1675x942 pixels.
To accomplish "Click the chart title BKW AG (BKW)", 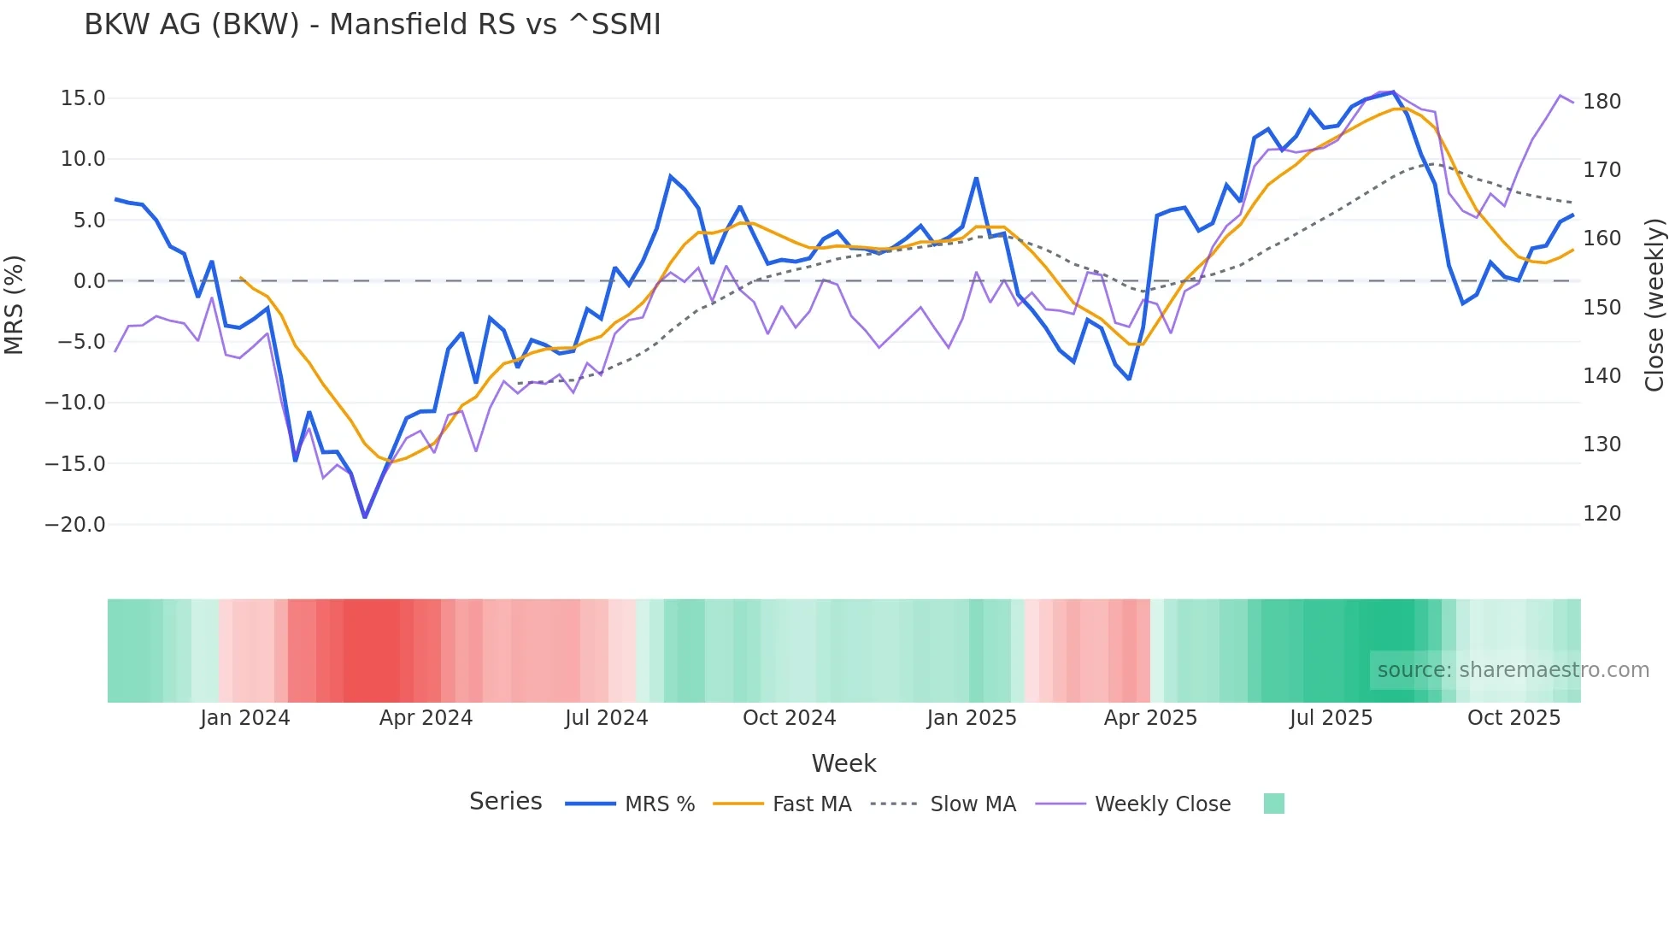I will point(372,25).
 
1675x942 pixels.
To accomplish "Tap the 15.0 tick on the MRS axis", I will point(82,98).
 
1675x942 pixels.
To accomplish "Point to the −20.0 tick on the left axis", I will point(75,525).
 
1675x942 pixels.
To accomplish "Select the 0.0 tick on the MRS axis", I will point(89,281).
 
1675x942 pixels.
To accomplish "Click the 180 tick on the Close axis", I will point(1602,102).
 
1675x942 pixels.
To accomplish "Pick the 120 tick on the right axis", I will point(1602,514).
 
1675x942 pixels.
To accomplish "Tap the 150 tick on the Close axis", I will point(1602,308).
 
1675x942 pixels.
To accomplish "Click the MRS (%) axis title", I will point(15,304).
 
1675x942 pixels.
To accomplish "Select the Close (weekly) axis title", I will point(1654,304).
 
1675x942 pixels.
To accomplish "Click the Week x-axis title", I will point(843,763).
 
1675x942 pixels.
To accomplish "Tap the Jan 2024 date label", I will point(245,718).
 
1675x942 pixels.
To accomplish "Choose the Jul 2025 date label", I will point(1331,718).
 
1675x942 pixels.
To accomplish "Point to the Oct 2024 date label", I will point(789,718).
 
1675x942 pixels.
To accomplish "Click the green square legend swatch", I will point(1273,804).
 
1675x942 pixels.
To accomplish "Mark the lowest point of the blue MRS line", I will point(365,517).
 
